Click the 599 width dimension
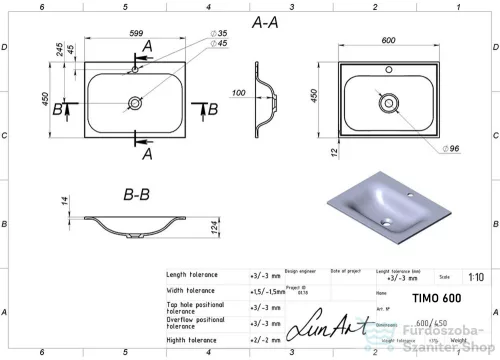click(x=135, y=32)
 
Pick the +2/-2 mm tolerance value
click(x=264, y=339)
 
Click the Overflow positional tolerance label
click(x=196, y=322)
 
